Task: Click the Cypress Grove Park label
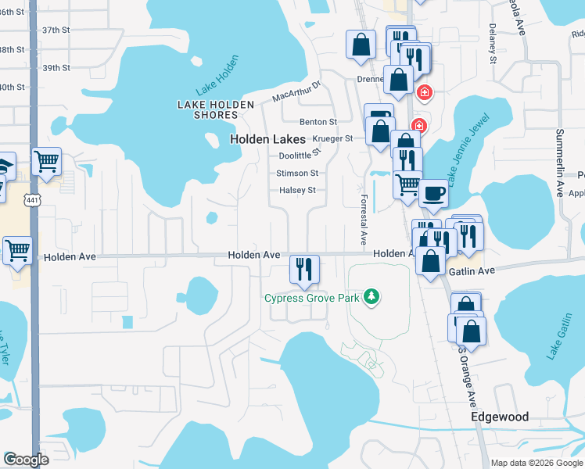314,298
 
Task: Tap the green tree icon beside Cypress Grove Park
374,297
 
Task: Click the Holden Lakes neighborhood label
267,138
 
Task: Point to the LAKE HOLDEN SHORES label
207,109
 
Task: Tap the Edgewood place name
500,417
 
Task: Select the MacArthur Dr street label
297,92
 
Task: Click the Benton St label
318,122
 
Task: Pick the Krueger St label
333,138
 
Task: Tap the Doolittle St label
300,156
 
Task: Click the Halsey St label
297,190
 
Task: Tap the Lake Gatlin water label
558,339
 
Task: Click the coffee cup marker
433,193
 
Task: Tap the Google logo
27,460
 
